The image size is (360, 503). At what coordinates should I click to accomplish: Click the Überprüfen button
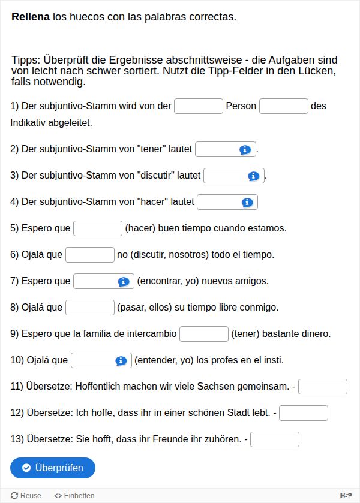(53, 468)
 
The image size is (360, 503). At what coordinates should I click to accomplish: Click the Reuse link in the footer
(26, 496)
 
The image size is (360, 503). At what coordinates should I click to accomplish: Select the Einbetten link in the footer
(74, 496)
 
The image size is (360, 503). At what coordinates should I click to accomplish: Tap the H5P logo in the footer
(346, 496)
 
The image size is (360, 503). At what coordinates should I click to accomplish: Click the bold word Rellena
(30, 17)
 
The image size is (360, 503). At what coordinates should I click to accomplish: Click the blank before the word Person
(199, 106)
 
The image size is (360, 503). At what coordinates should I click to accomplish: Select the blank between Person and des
(284, 106)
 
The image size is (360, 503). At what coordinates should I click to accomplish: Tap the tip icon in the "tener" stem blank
(245, 149)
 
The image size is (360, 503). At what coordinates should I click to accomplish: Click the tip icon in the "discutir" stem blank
(253, 176)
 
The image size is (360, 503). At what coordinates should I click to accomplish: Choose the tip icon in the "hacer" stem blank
(247, 203)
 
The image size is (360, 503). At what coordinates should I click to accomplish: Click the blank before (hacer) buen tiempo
(98, 228)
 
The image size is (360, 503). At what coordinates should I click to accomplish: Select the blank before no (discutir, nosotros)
(90, 255)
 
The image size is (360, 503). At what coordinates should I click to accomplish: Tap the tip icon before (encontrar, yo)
(124, 281)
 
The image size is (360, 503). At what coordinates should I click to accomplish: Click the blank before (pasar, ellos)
(90, 308)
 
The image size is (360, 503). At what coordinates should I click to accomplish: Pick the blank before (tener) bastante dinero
(204, 334)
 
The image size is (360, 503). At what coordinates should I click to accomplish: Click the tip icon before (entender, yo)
(121, 360)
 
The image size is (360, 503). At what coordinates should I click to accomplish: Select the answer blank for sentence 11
(323, 387)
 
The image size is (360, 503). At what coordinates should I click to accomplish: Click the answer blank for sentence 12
(304, 413)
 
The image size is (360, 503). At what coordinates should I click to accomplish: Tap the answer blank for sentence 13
(275, 439)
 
